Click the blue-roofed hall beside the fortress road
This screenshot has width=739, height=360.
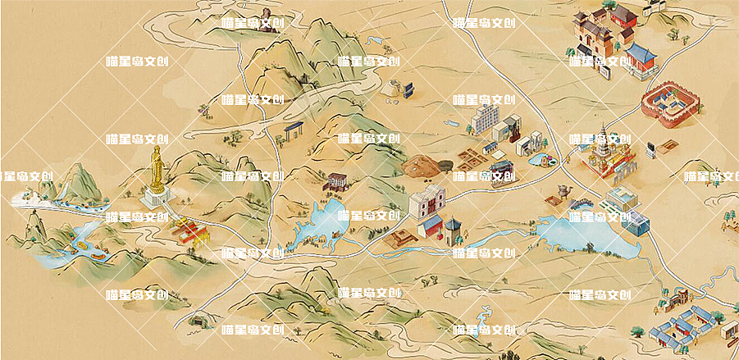coord(641,60)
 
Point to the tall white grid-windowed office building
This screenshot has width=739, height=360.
coord(484,120)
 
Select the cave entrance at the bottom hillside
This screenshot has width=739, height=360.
coord(197,321)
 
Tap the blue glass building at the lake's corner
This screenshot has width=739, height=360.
coord(637,221)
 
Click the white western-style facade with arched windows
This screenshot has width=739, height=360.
coord(426,204)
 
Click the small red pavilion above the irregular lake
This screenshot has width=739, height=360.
coord(337,181)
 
